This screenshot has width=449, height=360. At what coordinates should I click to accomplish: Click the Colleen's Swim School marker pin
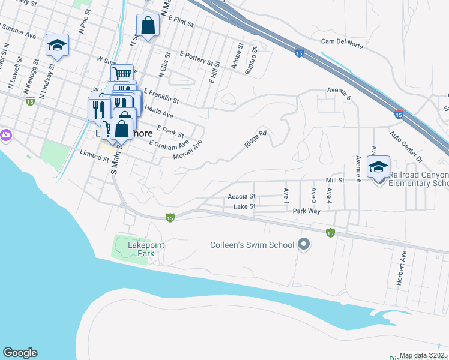[x=304, y=245]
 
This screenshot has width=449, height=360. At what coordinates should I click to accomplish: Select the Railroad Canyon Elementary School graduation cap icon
[x=378, y=167]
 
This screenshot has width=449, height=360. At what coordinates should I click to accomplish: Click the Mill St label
[x=335, y=179]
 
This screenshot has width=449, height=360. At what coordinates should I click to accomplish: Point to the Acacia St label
[x=241, y=196]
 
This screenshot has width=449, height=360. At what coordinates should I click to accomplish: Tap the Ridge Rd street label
[x=255, y=140]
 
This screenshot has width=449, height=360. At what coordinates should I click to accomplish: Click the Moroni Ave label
[x=188, y=150]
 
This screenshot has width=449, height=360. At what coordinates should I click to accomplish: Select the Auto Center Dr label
[x=406, y=147]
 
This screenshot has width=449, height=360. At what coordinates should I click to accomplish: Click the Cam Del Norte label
[x=343, y=41]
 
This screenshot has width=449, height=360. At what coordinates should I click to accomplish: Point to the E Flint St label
[x=181, y=23]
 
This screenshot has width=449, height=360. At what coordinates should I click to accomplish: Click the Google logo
[x=20, y=353]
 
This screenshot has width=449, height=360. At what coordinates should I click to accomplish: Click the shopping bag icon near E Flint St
[x=148, y=26]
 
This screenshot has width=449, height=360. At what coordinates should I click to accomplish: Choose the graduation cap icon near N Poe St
[x=58, y=46]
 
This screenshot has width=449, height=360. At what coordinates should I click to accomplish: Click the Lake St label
[x=244, y=207]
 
